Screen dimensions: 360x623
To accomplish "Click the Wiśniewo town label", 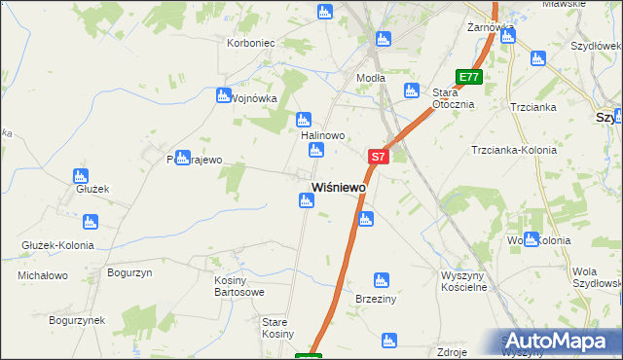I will (x=338, y=186).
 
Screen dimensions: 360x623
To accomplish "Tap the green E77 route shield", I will (x=469, y=77).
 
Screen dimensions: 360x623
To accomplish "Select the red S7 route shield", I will (x=379, y=156).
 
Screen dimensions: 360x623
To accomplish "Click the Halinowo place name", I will (x=323, y=136).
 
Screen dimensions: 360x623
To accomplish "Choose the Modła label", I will (x=371, y=78).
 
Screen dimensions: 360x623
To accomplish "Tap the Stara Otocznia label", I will (x=453, y=98).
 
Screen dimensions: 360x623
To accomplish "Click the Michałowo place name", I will (x=43, y=276).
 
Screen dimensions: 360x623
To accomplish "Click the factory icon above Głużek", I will (x=81, y=176).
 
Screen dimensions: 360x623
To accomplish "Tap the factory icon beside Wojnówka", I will (x=223, y=95).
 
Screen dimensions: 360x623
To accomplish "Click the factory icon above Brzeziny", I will (x=382, y=280).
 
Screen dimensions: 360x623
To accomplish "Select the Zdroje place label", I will (x=454, y=351).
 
